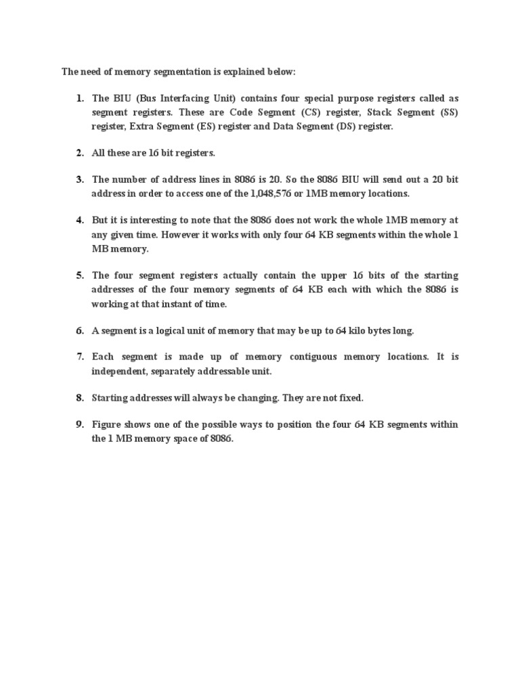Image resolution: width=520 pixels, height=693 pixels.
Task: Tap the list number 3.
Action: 80,180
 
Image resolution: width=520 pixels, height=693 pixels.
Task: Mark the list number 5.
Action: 80,275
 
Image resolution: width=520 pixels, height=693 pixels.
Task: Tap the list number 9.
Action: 80,425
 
